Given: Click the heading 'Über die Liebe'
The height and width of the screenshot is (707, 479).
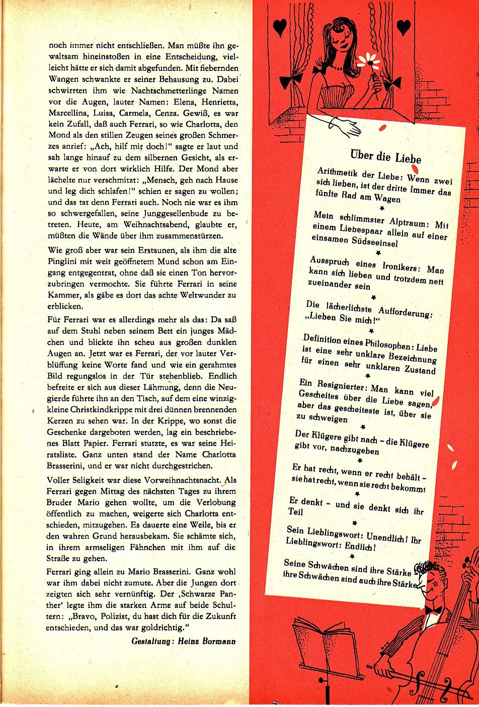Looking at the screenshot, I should pos(385,156).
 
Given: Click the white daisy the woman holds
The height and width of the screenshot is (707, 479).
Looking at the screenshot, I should pos(369,62).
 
